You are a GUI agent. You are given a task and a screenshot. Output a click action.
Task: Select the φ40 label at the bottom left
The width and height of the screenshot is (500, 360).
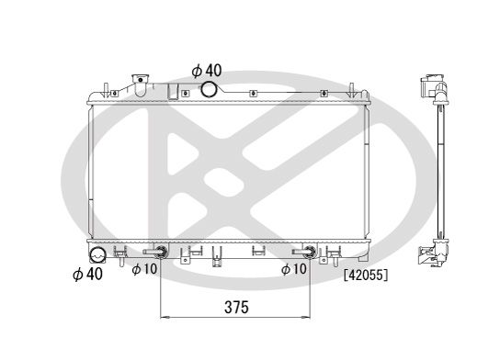point(87,273)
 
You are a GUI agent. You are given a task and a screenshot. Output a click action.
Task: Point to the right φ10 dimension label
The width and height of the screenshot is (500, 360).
point(293,269)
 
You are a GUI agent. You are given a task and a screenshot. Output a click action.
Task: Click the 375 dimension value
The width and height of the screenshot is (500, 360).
point(236,308)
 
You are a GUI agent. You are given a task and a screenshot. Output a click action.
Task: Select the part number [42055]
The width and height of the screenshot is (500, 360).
point(365,274)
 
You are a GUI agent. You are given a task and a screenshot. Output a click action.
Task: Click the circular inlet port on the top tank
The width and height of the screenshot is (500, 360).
point(210,89)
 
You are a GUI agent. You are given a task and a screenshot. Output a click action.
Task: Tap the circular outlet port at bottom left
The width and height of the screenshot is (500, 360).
point(97,254)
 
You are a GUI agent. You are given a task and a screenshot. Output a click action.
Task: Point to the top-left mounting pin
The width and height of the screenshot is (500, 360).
point(108,89)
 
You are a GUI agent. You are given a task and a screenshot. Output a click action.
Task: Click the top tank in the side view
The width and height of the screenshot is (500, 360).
point(432,89)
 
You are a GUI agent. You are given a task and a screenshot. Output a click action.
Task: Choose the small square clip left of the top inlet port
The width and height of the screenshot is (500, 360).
point(173,91)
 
